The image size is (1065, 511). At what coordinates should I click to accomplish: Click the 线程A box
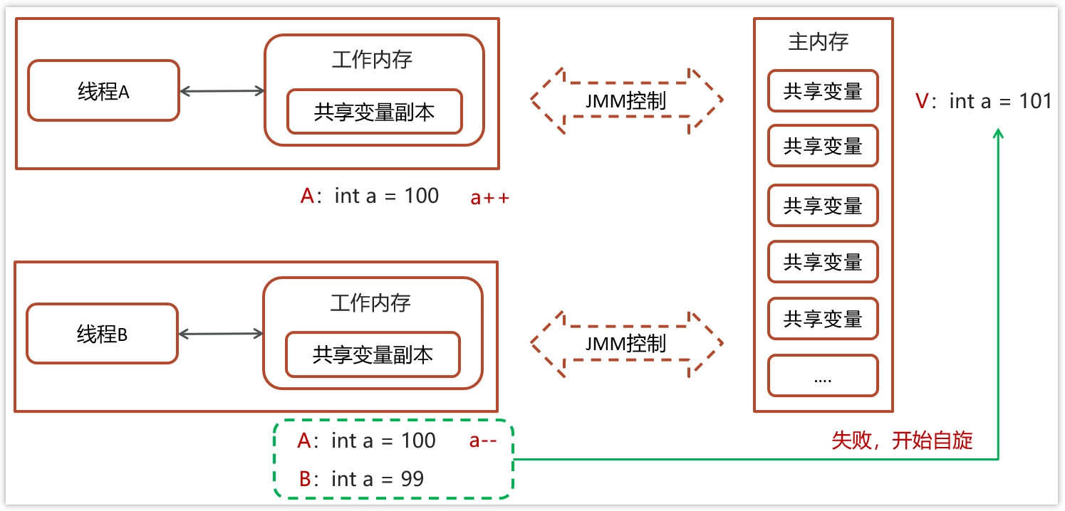coord(103,90)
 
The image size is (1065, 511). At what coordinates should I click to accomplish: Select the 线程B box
coord(102,334)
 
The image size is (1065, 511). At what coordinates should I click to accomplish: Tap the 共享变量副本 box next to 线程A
coord(375,112)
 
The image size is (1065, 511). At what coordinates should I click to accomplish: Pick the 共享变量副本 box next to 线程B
coord(373,354)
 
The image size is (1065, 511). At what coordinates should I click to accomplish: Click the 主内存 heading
coord(819,42)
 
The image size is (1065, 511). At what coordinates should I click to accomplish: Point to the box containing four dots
coord(823,375)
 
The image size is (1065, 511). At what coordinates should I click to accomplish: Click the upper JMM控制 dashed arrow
coord(627,100)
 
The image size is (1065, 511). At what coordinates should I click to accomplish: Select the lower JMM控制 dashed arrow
coord(627,344)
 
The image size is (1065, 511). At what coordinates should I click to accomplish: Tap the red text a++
coord(489,198)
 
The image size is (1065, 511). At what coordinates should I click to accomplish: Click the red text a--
coord(482,441)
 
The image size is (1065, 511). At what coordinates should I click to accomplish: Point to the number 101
coord(1035,100)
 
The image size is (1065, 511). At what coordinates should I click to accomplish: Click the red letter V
coord(922,101)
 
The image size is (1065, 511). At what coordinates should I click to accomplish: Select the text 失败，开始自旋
coord(902,441)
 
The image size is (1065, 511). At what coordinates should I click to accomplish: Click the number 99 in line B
coord(412,479)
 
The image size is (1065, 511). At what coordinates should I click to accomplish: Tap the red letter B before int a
coord(305,479)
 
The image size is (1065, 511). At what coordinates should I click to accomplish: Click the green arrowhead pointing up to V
coord(999,134)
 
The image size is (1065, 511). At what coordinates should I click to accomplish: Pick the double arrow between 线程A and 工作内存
coord(222,91)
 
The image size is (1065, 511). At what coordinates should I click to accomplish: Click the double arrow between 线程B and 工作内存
coord(221,334)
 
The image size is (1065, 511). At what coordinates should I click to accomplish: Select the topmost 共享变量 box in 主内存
coord(823,90)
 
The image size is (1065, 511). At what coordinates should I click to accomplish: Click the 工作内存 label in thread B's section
coord(371,302)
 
